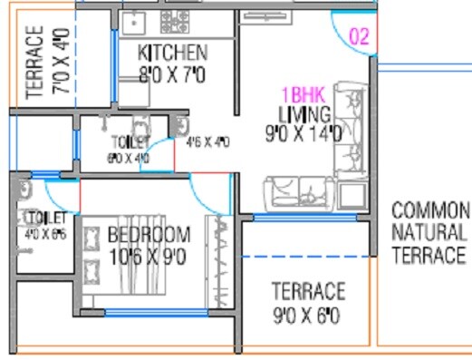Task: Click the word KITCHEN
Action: pos(172,52)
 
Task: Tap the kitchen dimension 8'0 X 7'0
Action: pos(172,72)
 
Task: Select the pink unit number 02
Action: pos(359,37)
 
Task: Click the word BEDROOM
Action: pos(149,236)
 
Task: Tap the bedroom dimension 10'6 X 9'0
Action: pos(149,256)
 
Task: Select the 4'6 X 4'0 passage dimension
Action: pos(207,142)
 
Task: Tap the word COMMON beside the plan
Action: pos(430,210)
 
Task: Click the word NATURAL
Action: pos(430,232)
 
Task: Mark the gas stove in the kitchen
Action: pos(175,22)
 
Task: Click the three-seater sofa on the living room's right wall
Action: pos(348,130)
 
